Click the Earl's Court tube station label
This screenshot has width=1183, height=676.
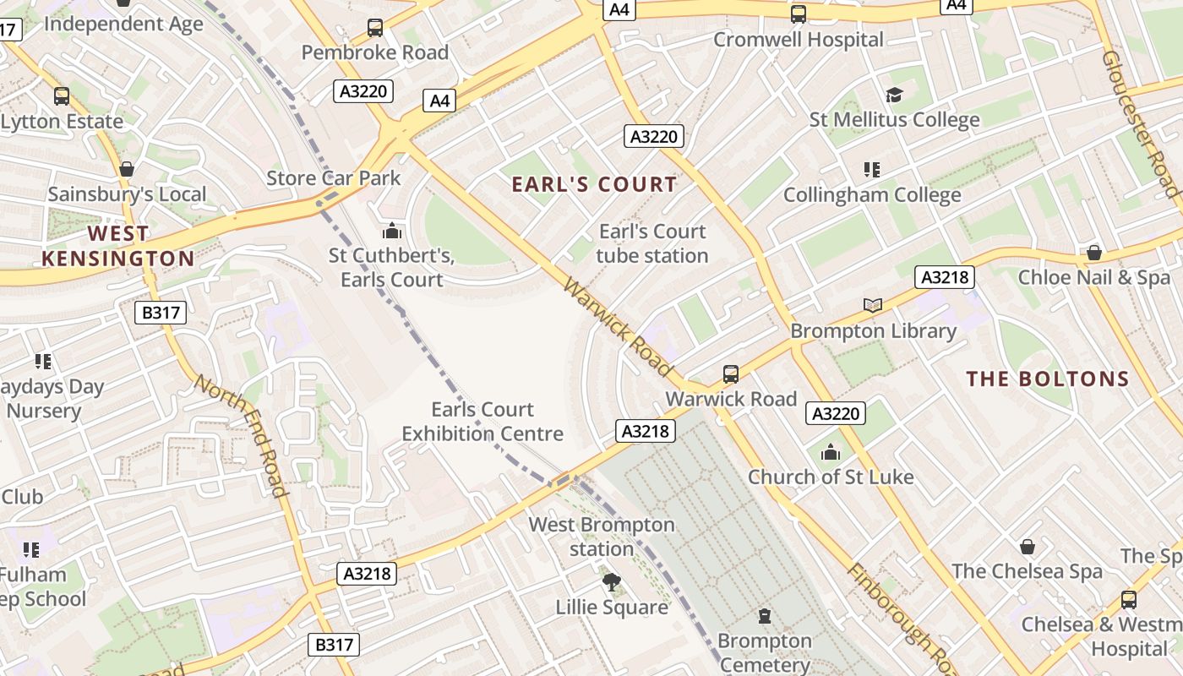coord(652,243)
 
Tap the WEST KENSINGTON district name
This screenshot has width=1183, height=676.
coord(118,246)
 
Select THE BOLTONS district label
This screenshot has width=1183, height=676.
coord(1048,379)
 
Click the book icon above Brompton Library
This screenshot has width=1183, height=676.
coord(873,305)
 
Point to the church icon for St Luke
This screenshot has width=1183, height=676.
coord(831,452)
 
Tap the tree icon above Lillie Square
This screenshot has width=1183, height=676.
coord(611,581)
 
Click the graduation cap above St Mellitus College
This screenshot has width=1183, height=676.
coord(894,95)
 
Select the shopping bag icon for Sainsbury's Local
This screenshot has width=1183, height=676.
coord(127,170)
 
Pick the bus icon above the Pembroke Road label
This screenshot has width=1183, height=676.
coord(375,28)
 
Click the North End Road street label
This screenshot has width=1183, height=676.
coord(240,435)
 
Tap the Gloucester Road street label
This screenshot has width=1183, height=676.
coord(1140,123)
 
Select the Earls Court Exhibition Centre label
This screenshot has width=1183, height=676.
coord(482,422)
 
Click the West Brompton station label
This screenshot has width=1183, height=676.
coord(602,537)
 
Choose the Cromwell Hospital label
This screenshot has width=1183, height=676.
coord(799,40)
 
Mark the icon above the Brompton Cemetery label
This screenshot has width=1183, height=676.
coord(765,616)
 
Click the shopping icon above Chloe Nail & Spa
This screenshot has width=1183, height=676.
coord(1094,253)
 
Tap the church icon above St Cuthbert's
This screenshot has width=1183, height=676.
coord(392,231)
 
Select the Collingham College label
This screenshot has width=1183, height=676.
coord(872,195)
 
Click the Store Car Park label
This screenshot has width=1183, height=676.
coord(334,178)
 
